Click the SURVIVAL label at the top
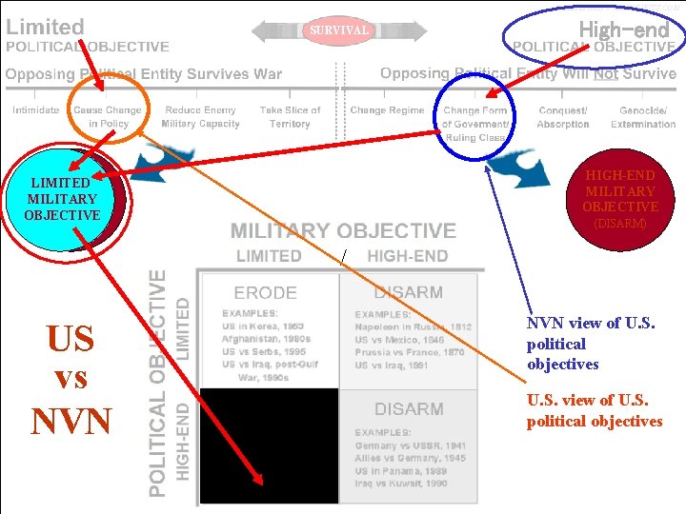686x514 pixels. click(338, 30)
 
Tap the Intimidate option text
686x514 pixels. click(35, 110)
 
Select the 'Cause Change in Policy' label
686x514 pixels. click(108, 117)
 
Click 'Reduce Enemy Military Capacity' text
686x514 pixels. click(200, 117)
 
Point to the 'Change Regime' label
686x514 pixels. click(387, 110)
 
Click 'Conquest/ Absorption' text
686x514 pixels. click(562, 117)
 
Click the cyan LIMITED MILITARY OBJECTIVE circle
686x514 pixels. click(63, 198)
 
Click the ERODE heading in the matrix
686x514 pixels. click(266, 292)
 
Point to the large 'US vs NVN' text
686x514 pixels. click(71, 379)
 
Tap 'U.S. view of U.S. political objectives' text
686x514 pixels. click(594, 411)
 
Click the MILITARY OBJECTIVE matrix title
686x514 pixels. click(343, 230)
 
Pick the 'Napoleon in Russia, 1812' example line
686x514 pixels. click(413, 326)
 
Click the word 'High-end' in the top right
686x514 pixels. click(624, 30)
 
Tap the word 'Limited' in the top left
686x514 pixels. click(45, 28)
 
